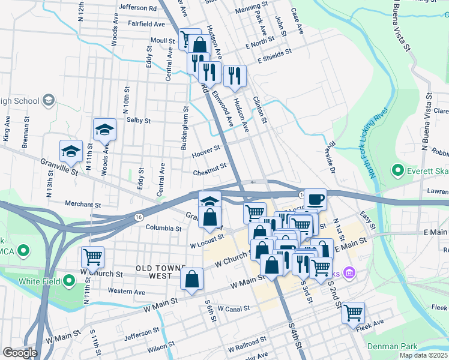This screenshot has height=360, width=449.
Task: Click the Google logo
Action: (20, 353)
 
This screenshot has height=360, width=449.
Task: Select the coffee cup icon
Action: (315, 199)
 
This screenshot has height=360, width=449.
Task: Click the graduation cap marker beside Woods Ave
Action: (104, 129)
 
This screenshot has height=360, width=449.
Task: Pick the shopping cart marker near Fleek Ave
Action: (353, 311)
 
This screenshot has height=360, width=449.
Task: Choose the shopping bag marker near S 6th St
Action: (191, 278)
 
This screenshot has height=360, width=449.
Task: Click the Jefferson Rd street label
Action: (137, 9)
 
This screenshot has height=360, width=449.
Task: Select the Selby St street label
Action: (138, 120)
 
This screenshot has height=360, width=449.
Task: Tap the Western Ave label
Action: (127, 292)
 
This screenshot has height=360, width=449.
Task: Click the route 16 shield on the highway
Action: (139, 216)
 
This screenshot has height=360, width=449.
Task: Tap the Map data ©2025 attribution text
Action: (423, 355)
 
